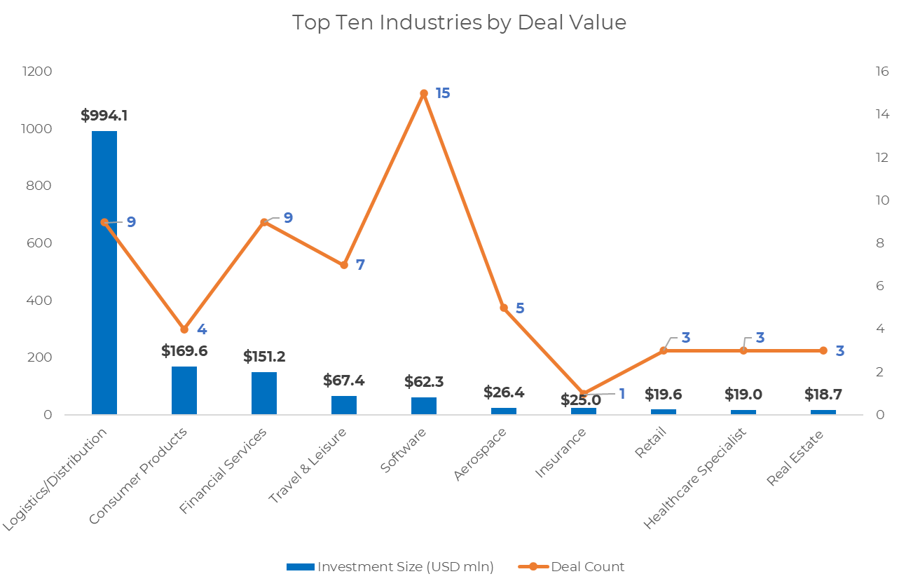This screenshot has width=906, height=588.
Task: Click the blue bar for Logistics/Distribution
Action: pyautogui.click(x=104, y=273)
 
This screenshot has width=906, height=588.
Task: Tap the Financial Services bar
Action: pyautogui.click(x=264, y=393)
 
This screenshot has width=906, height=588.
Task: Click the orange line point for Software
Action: pyautogui.click(x=424, y=93)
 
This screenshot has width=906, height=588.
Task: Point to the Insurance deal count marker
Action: pyautogui.click(x=584, y=393)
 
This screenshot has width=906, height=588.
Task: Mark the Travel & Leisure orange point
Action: pyautogui.click(x=344, y=265)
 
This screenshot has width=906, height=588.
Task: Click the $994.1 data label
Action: pyautogui.click(x=104, y=116)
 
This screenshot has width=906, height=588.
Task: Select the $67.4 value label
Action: pyautogui.click(x=344, y=380)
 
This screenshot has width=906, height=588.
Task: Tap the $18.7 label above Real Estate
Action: pyautogui.click(x=823, y=394)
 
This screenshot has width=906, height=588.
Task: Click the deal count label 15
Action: pyautogui.click(x=443, y=93)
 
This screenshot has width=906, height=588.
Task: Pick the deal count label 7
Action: pyautogui.click(x=360, y=265)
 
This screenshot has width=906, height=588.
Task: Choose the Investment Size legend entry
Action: pyautogui.click(x=390, y=567)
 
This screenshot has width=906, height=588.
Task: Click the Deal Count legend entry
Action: pyautogui.click(x=571, y=567)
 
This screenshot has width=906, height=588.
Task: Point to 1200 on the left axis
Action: pyautogui.click(x=37, y=71)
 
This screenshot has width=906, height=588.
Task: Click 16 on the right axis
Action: pyautogui.click(x=881, y=71)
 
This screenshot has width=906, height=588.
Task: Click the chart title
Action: pyautogui.click(x=459, y=22)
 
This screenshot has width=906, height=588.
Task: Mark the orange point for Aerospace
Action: pyautogui.click(x=504, y=308)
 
